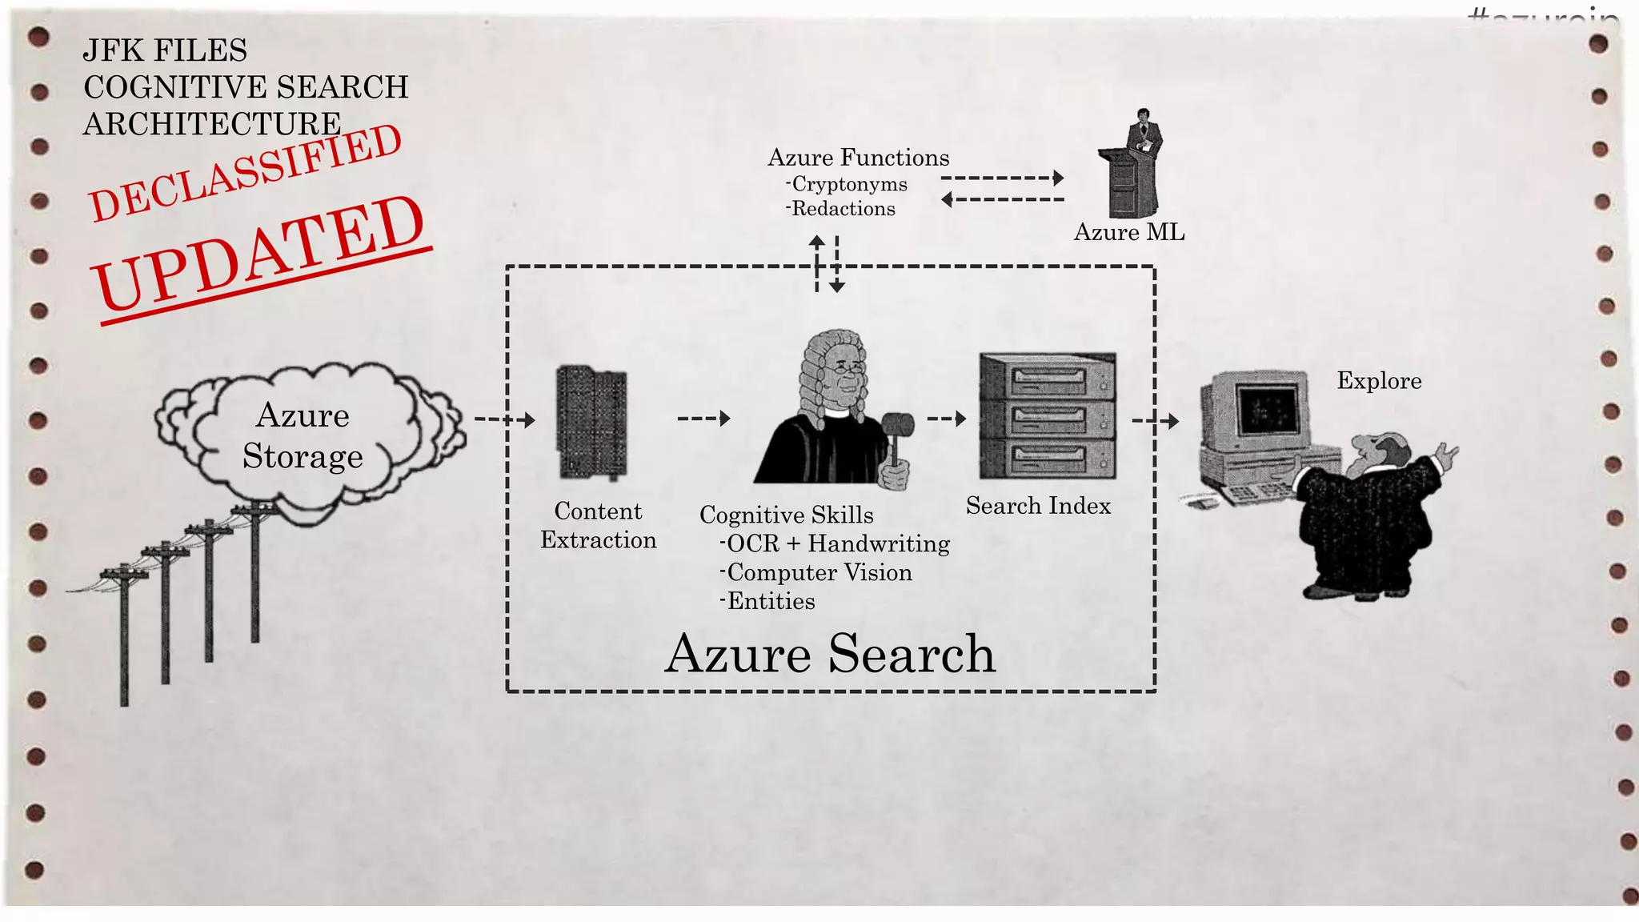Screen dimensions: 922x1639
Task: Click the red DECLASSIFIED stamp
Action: tap(245, 173)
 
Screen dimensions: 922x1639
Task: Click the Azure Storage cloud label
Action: tap(303, 435)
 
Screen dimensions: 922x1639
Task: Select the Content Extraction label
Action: tap(598, 525)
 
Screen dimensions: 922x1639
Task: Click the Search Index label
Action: tap(1038, 506)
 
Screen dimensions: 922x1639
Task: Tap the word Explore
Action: tap(1379, 381)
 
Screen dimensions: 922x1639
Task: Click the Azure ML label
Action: tap(1128, 232)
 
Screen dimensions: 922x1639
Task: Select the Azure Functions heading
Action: tap(858, 158)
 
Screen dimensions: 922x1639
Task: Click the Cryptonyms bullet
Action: tap(848, 184)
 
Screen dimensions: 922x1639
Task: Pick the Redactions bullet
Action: tap(842, 209)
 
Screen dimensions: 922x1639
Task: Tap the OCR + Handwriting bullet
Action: tap(836, 543)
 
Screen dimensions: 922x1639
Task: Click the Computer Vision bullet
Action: tap(818, 572)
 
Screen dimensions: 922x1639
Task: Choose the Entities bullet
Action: tap(769, 601)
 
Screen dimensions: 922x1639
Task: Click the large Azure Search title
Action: tap(830, 654)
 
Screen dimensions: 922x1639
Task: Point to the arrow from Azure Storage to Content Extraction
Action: tap(504, 419)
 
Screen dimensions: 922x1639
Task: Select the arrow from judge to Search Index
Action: tap(947, 418)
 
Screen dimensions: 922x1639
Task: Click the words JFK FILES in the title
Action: tap(165, 50)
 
